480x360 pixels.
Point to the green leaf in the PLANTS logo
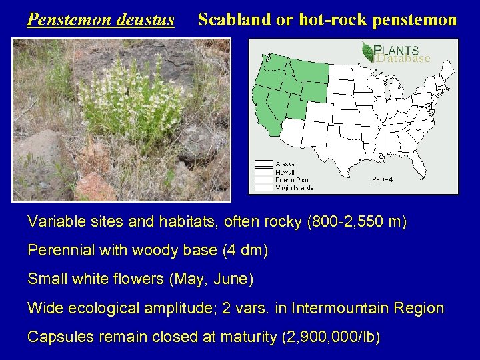pos(367,52)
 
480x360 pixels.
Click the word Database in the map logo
pos(403,59)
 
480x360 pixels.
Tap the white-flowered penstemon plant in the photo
pos(127,100)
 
